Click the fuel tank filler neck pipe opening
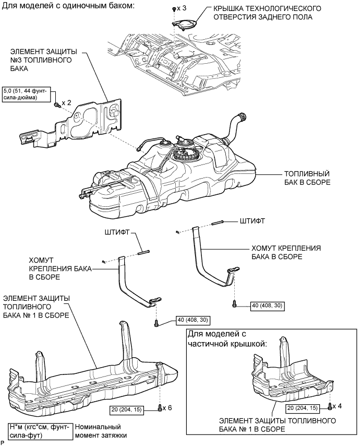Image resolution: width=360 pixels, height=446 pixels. click(x=241, y=116)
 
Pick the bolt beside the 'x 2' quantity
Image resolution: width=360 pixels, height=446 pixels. click(x=56, y=104)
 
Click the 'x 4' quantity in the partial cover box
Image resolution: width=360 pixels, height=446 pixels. click(x=339, y=405)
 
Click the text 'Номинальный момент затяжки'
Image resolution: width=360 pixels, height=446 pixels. click(x=101, y=429)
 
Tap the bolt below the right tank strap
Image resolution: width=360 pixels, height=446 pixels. click(x=235, y=303)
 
